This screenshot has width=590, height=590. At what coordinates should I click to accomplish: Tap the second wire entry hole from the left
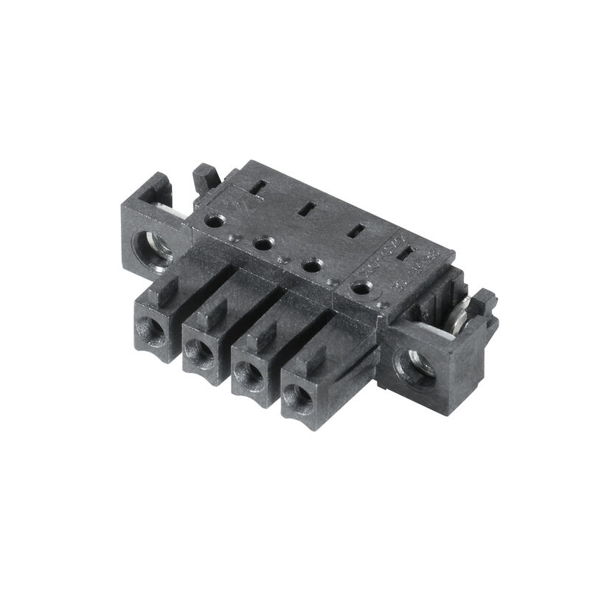200,352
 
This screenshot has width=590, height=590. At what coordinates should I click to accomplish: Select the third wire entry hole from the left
248,374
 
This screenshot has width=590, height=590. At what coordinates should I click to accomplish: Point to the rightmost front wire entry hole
298,399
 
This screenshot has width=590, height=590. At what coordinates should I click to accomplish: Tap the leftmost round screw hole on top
215,221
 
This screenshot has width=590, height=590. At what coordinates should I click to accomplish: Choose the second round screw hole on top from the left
263,243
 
